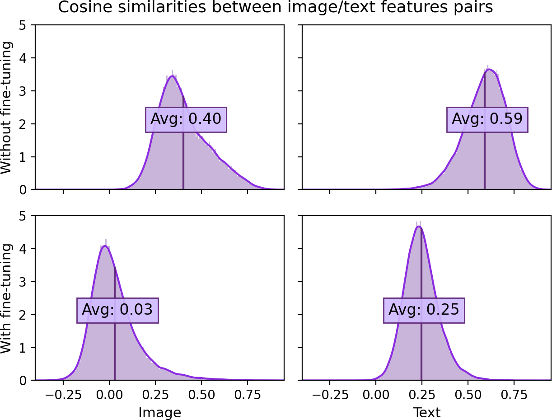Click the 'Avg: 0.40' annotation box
click(186, 119)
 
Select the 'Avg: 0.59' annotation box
click(487, 119)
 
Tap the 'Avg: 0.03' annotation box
click(117, 310)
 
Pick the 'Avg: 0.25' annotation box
click(424, 310)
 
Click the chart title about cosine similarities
click(276, 8)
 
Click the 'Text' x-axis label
click(426, 412)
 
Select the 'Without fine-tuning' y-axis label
click(7, 107)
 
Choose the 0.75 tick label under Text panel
click(514, 395)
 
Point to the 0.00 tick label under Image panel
click(109, 395)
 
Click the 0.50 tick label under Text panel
click(468, 395)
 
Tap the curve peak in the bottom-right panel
click(419, 227)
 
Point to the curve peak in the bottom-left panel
click(105, 246)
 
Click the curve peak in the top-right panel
click(489, 69)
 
